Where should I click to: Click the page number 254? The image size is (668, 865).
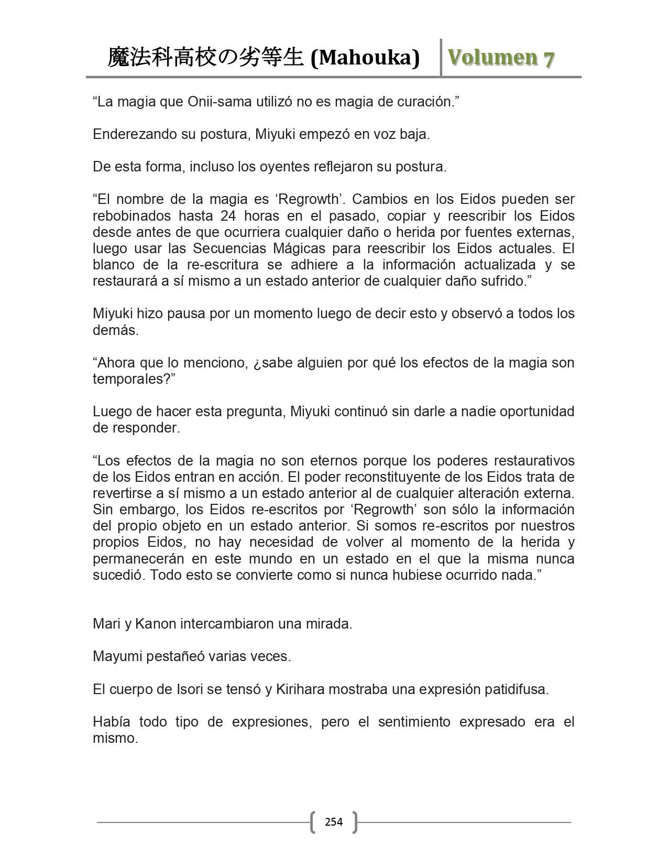point(334,821)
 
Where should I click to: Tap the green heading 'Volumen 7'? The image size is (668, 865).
point(501,58)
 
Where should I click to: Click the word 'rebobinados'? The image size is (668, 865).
point(132,215)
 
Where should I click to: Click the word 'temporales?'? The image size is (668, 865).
point(134,379)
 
